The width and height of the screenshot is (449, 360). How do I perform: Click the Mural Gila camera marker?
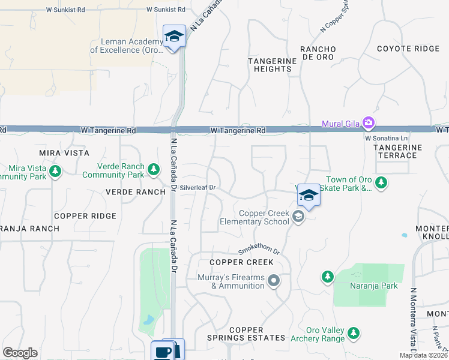368,124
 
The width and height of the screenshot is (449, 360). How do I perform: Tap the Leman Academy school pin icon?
174,36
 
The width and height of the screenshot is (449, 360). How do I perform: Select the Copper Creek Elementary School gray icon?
298,217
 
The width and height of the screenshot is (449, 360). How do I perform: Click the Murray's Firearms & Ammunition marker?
274,280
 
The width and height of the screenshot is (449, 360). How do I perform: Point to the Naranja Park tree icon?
327,277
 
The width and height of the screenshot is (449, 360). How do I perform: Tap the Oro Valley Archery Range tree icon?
354,332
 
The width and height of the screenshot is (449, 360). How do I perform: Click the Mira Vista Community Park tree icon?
55,172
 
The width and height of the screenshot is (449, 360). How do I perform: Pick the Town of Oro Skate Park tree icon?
380,182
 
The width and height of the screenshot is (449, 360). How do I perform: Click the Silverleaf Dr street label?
197,188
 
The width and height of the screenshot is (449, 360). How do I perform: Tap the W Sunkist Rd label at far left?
67,10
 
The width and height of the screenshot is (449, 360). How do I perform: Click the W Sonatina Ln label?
386,137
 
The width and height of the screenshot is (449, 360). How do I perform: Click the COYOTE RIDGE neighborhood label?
408,49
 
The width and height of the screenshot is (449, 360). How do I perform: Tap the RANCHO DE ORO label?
318,53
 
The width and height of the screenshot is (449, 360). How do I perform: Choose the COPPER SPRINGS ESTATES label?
246,334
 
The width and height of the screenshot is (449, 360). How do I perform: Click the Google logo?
20,353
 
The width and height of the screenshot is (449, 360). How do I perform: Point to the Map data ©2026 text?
423,355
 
